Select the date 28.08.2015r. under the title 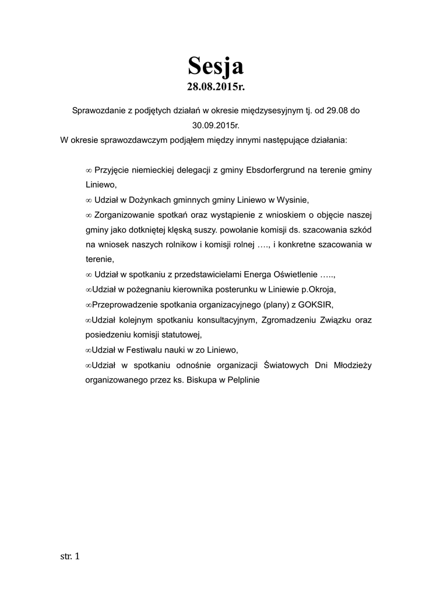[x=215, y=87]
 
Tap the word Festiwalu [x=149, y=350]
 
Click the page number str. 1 [x=70, y=556]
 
